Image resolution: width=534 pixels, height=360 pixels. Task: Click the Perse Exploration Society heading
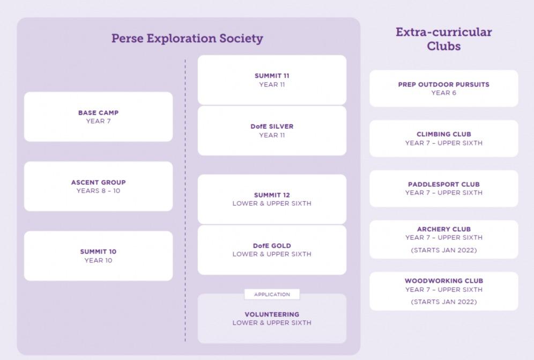(187, 39)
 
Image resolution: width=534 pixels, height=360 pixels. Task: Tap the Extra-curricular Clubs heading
(443, 39)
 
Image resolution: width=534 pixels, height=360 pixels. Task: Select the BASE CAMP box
(98, 116)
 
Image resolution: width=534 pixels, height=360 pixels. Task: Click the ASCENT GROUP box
(98, 186)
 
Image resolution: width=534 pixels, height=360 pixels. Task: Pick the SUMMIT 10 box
(98, 256)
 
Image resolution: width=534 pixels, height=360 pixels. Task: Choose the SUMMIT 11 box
(272, 80)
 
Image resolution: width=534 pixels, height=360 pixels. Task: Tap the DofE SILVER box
(272, 130)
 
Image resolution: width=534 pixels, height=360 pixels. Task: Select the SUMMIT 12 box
(272, 199)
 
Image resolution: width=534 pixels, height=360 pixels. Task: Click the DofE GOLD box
(272, 249)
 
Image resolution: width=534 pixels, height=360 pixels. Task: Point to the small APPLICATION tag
(272, 294)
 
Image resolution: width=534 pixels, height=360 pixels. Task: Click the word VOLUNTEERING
(272, 314)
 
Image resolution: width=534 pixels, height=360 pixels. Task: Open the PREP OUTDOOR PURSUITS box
(443, 88)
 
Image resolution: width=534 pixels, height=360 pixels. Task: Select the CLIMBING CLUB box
(443, 138)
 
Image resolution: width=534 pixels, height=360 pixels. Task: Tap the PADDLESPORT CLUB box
(443, 188)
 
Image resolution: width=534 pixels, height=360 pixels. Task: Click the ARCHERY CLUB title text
(443, 229)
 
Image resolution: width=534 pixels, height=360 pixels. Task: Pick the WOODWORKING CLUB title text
(443, 281)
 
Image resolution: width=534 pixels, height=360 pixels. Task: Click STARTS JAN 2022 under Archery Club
(443, 250)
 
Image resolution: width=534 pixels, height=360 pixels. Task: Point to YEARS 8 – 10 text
(98, 191)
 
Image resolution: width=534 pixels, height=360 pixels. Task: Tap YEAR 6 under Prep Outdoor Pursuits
(443, 93)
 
